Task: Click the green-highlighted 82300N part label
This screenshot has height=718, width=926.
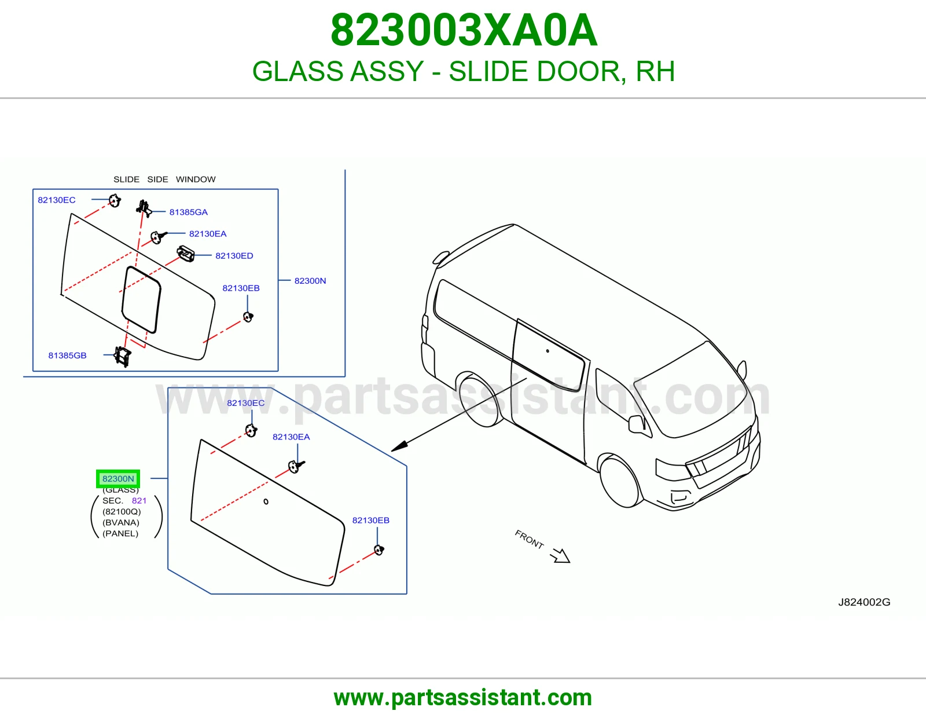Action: coord(118,478)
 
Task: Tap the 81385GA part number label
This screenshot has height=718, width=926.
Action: coord(188,212)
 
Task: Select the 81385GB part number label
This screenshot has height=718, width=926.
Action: coord(67,355)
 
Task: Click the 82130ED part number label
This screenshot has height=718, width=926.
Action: coord(234,255)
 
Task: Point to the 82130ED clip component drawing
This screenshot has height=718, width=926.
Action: coord(186,254)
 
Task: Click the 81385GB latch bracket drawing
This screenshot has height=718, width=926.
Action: coord(123,356)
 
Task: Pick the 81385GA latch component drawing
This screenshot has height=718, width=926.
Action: coord(144,208)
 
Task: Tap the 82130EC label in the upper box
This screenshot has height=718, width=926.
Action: coord(57,200)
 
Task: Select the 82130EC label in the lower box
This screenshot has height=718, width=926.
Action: coord(245,403)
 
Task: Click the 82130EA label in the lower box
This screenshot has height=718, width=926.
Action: coord(291,437)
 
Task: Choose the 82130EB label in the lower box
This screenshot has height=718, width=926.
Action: coord(371,520)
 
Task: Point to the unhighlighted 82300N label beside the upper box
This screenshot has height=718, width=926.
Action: coord(310,281)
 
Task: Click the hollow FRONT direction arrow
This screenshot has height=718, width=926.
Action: coord(560,556)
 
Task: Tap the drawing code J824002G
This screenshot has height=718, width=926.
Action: coord(864,602)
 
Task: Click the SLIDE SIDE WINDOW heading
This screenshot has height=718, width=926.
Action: coord(164,179)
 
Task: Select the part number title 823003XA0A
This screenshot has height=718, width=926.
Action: coord(464,30)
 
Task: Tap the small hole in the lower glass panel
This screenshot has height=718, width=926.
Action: coord(266,501)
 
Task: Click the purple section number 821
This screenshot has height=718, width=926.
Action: coord(139,500)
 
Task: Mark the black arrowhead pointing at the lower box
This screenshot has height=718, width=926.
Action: coord(399,446)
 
